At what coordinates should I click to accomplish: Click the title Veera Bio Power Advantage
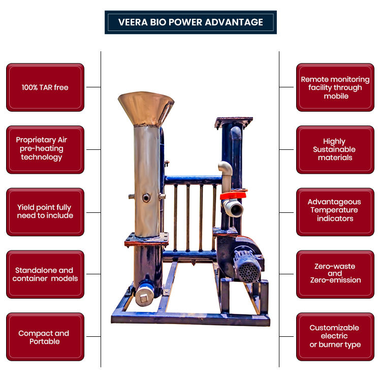pyautogui.click(x=190, y=22)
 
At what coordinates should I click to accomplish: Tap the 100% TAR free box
pyautogui.click(x=45, y=87)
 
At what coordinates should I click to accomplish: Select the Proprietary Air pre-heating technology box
pyautogui.click(x=45, y=149)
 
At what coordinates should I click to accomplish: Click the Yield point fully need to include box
pyautogui.click(x=45, y=212)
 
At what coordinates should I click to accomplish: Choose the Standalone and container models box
pyautogui.click(x=45, y=274)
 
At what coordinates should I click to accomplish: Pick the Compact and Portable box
pyautogui.click(x=45, y=337)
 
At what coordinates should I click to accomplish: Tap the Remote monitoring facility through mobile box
pyautogui.click(x=335, y=87)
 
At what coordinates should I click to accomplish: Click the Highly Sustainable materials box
pyautogui.click(x=335, y=149)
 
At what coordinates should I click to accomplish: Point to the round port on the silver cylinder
pyautogui.click(x=146, y=198)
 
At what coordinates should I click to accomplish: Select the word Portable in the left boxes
pyautogui.click(x=45, y=342)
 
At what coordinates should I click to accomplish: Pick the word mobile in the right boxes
pyautogui.click(x=336, y=96)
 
